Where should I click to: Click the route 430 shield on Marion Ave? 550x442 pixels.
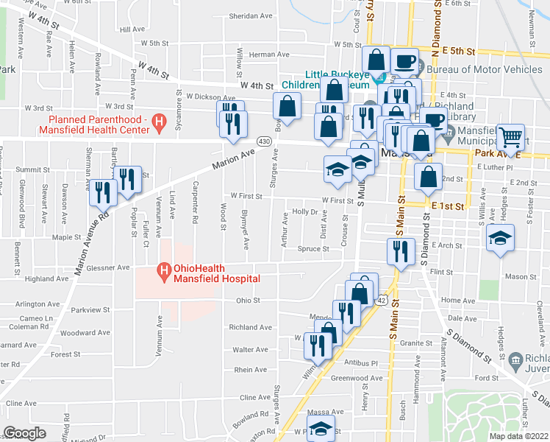(x=263, y=140)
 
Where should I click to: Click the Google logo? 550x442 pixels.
(x=25, y=433)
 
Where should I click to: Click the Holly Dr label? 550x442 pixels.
(x=304, y=211)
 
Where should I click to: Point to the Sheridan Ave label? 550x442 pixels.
(x=246, y=15)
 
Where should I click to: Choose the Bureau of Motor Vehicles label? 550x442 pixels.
(x=486, y=69)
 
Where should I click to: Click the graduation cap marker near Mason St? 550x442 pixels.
(x=501, y=238)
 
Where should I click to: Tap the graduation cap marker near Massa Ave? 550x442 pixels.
(x=321, y=429)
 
